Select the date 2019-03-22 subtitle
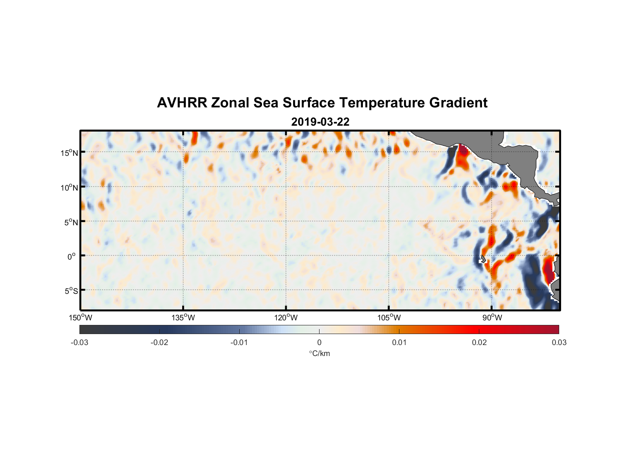tap(320, 122)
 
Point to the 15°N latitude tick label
tap(69, 153)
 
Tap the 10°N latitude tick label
tap(69, 187)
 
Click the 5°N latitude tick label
tap(71, 222)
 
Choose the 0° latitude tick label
tap(72, 256)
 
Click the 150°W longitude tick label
tap(80, 318)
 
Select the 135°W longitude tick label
tap(183, 318)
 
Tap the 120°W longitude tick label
tap(286, 318)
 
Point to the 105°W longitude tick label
tap(389, 318)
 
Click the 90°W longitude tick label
tap(492, 318)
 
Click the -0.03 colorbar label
tap(79, 343)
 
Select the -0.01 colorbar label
tap(239, 343)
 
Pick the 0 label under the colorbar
tap(319, 343)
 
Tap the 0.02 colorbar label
tap(479, 343)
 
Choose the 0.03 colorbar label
tap(559, 343)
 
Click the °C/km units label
tap(319, 353)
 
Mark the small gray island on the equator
tap(483, 258)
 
